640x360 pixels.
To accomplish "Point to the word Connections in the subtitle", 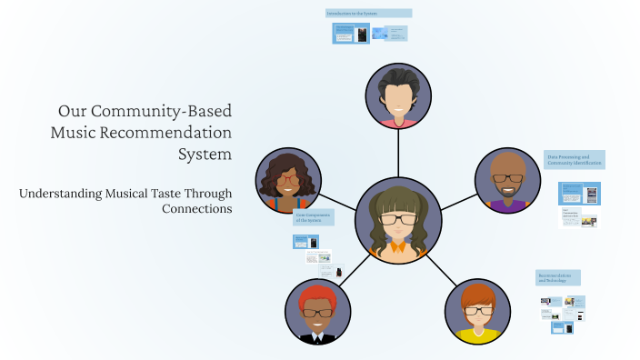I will (196, 208).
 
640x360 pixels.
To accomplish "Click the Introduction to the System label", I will (368, 14).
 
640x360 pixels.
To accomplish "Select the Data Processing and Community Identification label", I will (575, 160).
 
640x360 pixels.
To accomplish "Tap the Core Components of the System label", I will (313, 218).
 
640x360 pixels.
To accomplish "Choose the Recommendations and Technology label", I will (558, 277).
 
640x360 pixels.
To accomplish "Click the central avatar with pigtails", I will (397, 222).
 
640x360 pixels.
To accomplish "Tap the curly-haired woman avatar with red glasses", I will (288, 180).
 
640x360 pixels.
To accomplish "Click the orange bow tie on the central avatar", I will (397, 246).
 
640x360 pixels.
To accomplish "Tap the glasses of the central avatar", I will (397, 219).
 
